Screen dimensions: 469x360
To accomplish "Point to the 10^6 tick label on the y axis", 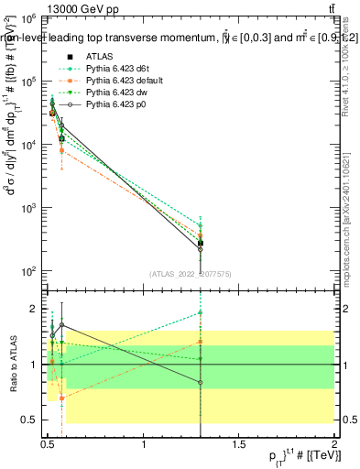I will [28, 19].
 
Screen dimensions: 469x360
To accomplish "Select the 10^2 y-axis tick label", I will [28, 271].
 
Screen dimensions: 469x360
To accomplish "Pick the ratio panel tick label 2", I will [33, 309].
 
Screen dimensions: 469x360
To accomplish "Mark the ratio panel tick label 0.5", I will [29, 420].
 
